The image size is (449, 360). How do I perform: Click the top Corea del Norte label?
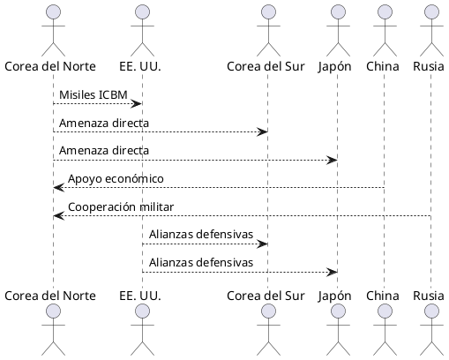(x=50, y=66)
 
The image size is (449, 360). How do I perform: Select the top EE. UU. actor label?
(x=140, y=66)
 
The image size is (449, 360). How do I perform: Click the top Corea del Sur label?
(x=266, y=66)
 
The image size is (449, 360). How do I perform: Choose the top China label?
(x=384, y=66)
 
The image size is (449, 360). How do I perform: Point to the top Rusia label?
(x=430, y=66)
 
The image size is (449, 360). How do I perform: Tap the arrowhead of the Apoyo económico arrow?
(x=57, y=187)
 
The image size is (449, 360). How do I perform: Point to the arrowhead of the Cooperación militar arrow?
(x=57, y=215)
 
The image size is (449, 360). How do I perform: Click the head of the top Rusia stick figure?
(x=430, y=12)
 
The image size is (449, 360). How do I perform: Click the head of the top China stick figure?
(x=384, y=12)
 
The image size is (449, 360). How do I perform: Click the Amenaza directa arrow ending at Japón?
(x=194, y=160)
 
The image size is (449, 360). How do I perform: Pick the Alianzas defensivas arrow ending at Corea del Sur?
(x=203, y=244)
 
